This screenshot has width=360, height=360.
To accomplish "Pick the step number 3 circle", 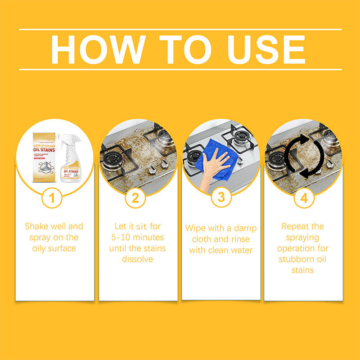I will click(220, 198).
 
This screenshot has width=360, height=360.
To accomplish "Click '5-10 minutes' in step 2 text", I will click(137, 237).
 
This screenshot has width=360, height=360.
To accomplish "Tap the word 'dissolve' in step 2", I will click(137, 259).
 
